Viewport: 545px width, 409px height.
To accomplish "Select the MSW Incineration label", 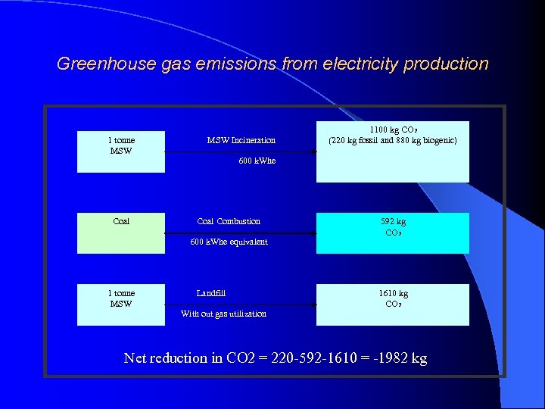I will pos(241,140).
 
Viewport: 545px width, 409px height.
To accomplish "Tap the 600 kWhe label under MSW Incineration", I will pos(257,161).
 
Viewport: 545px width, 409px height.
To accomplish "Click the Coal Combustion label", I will pos(229,221).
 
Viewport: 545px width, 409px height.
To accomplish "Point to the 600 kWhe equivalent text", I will pos(229,242).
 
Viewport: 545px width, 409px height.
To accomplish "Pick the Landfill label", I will pos(211,293).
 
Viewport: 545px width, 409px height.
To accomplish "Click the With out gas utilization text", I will pos(223,314).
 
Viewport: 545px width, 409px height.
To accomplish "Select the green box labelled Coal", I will pos(121,233).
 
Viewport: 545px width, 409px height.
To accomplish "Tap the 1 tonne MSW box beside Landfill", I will pos(121,304).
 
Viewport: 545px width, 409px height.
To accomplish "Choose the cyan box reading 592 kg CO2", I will pos(392,233).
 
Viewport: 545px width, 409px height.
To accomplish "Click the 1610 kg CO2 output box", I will pos(392,304).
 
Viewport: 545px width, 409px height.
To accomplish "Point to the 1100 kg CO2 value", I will pos(391,130).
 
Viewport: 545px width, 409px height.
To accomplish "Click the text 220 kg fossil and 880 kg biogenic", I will pos(392,140).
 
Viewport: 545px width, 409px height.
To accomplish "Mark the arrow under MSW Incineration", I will pos(240,152).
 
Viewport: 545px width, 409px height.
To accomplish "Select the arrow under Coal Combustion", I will pos(240,233).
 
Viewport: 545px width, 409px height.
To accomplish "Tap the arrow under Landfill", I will pos(240,305).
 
